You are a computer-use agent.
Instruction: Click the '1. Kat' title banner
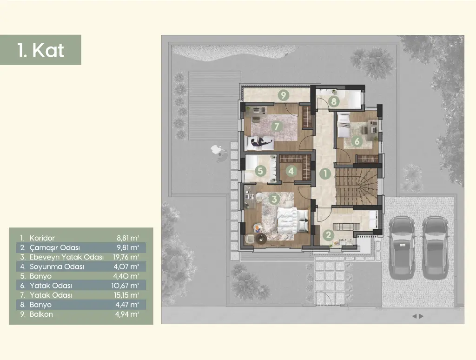point(40,50)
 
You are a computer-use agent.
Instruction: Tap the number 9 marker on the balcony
point(283,95)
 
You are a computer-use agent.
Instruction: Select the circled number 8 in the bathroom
point(334,101)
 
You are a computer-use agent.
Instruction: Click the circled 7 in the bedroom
point(276,126)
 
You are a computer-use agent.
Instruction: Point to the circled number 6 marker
point(357,141)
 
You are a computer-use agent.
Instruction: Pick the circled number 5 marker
point(260,171)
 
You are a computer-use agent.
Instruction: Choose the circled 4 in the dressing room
point(291,171)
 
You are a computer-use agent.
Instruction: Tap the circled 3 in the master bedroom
point(274,199)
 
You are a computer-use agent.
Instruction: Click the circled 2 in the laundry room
point(328,235)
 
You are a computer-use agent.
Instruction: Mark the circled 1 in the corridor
point(325,174)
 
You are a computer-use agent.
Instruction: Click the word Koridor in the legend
point(42,238)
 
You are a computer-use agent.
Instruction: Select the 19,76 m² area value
point(126,257)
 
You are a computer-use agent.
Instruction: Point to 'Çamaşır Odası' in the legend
point(55,247)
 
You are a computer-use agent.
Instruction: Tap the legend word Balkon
point(41,314)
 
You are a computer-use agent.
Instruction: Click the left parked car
point(402,247)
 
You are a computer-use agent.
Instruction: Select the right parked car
point(435,247)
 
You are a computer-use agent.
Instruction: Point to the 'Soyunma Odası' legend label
point(57,267)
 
